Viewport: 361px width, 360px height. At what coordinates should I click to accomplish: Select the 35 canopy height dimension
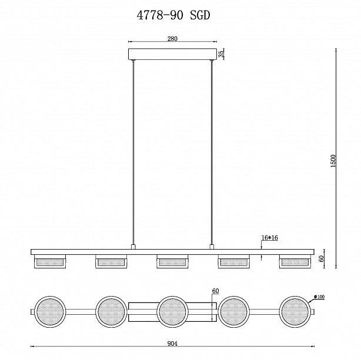click(x=221, y=54)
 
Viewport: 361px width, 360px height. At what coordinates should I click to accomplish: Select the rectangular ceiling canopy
click(x=172, y=54)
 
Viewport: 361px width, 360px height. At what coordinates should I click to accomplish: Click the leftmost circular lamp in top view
click(x=49, y=311)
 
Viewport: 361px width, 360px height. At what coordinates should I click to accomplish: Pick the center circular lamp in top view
click(x=172, y=311)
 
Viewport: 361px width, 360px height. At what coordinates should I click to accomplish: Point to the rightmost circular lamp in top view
click(x=295, y=311)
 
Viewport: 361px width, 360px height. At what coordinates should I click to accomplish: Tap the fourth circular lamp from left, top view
click(x=233, y=311)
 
